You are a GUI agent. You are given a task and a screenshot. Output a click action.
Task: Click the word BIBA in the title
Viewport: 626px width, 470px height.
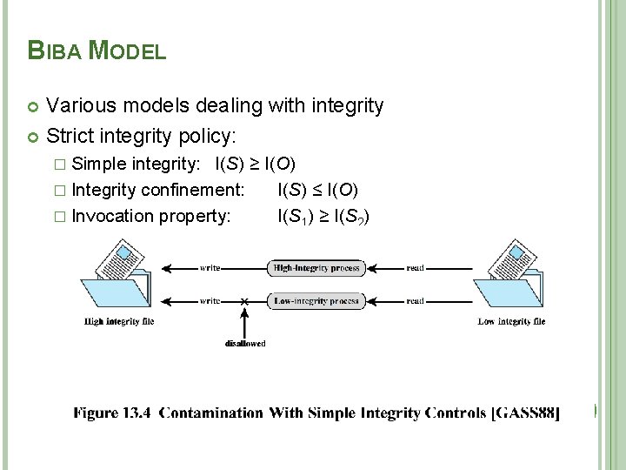click(x=56, y=50)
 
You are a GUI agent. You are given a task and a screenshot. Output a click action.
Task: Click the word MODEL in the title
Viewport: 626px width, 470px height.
click(x=128, y=50)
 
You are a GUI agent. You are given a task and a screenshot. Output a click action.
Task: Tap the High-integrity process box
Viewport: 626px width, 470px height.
click(x=316, y=268)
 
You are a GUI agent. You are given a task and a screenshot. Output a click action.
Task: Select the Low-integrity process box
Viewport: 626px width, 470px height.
click(x=316, y=301)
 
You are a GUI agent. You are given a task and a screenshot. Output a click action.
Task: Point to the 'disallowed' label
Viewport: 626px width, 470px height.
click(x=245, y=343)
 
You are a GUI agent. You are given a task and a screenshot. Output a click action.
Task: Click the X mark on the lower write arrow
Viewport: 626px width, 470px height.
click(x=244, y=301)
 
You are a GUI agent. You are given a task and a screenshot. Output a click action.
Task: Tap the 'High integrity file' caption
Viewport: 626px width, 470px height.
click(x=119, y=322)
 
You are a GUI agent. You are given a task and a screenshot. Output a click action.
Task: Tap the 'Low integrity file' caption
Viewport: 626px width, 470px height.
click(x=511, y=322)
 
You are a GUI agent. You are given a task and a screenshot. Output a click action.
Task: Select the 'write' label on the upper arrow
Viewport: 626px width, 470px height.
click(x=210, y=268)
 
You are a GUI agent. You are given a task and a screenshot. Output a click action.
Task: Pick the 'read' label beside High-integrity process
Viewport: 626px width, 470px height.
click(x=415, y=268)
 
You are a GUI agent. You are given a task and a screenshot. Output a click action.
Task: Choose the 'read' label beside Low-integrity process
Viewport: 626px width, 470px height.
click(x=415, y=301)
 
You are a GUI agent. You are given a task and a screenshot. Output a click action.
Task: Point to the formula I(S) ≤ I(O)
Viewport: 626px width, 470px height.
click(x=317, y=190)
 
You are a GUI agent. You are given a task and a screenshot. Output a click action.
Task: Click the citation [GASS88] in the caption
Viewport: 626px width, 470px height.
click(x=525, y=413)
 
